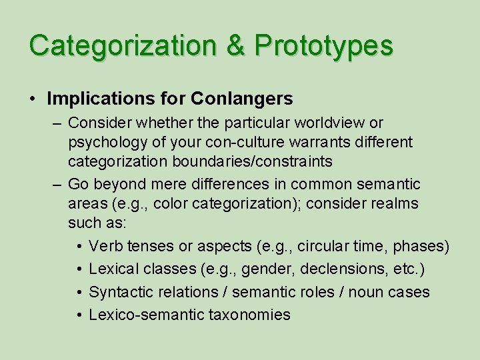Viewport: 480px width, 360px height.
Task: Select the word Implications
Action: pos(99,99)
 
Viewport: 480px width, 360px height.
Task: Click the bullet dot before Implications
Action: pos(33,99)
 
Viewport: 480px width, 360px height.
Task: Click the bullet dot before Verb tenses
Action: pos(79,247)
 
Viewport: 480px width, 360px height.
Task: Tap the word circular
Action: pos(325,247)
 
